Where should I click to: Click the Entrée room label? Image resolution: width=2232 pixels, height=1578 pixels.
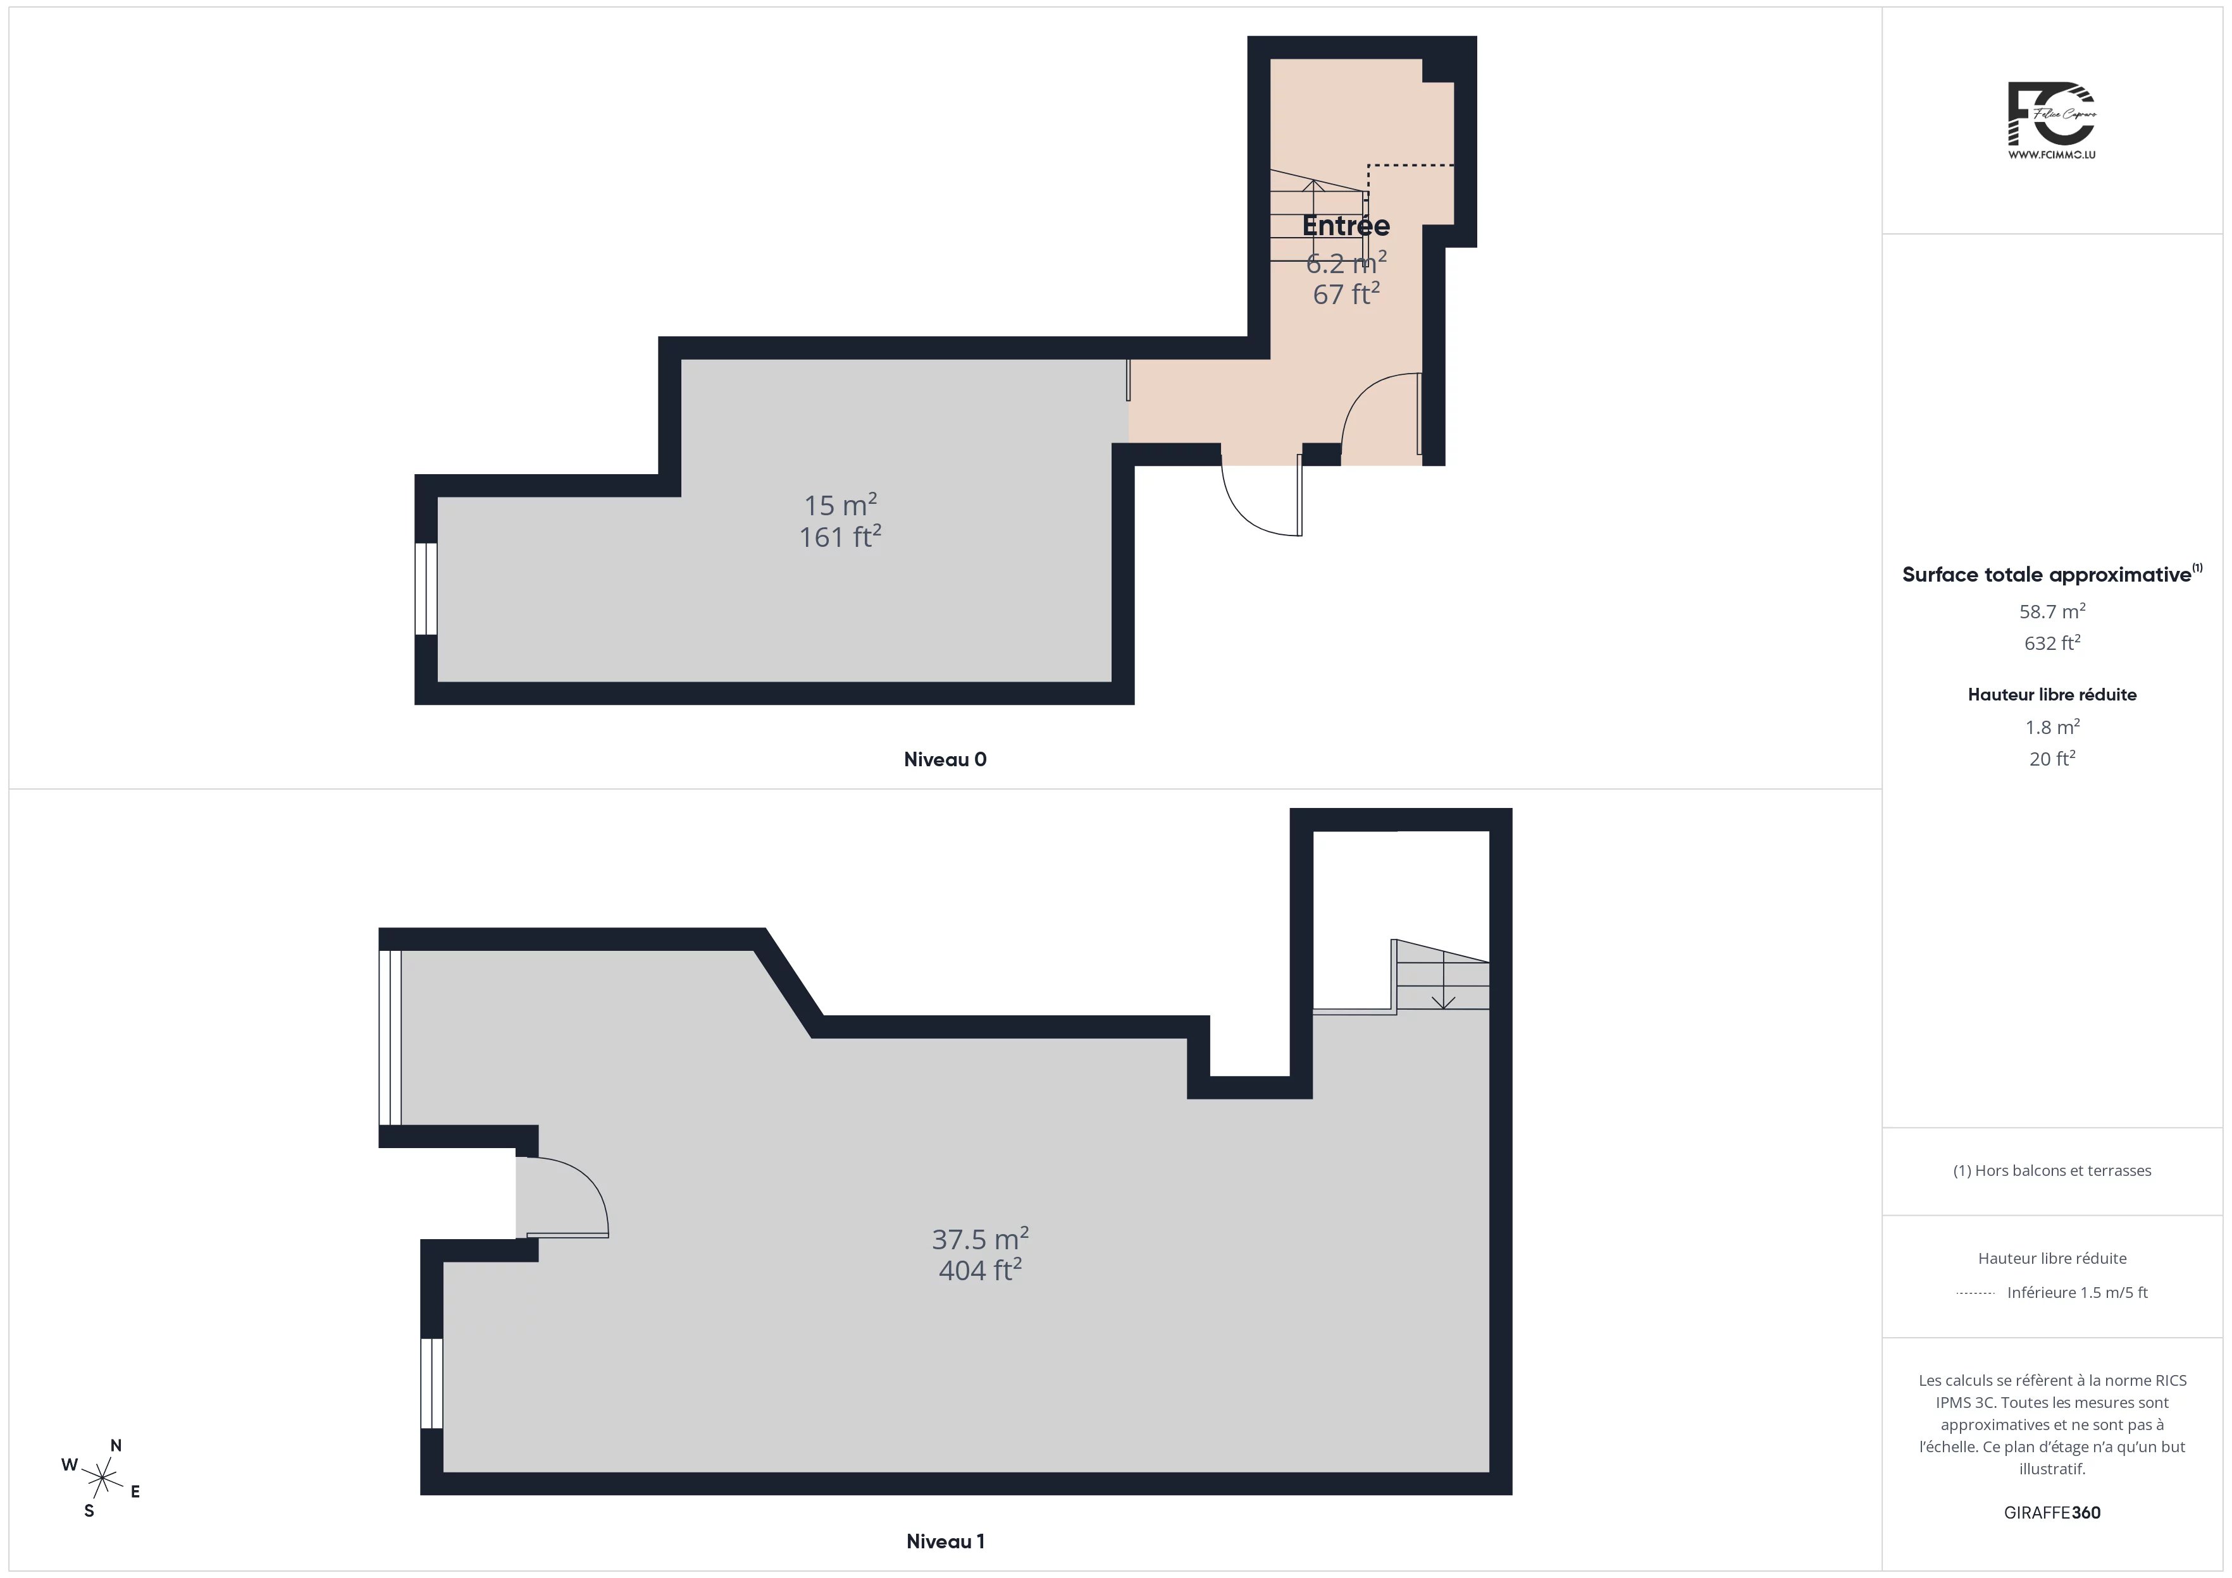(1346, 226)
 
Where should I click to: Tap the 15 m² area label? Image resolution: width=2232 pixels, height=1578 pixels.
(840, 505)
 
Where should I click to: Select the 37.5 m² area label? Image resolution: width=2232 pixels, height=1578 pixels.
(980, 1239)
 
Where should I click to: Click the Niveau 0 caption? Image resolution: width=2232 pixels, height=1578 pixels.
(945, 760)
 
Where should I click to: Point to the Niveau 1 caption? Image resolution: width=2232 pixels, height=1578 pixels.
(945, 1541)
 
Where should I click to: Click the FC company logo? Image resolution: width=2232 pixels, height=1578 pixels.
(2051, 121)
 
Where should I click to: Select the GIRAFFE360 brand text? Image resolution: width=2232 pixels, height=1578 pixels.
(2052, 1513)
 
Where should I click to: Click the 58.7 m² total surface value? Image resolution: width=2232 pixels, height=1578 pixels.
(2052, 611)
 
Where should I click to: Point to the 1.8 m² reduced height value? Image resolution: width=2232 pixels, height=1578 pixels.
(2052, 727)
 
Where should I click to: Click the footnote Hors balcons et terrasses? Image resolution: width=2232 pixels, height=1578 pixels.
(2052, 1171)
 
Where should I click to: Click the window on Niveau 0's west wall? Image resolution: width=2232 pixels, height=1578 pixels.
(426, 589)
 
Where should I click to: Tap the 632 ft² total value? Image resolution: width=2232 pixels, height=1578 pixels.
(2052, 643)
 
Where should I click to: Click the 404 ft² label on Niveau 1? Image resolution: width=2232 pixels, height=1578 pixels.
(980, 1270)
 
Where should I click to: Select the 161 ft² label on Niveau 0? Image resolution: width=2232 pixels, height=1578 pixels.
(840, 536)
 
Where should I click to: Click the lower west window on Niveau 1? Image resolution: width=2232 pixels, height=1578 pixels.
(431, 1384)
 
